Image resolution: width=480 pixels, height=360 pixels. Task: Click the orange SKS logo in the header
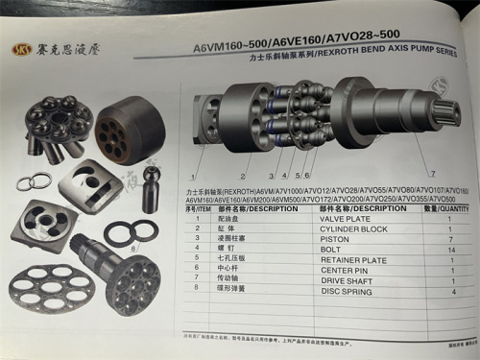[x=20, y=49]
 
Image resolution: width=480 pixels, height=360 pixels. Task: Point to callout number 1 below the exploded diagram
[x=194, y=178]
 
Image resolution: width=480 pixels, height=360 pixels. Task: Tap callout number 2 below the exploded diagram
[x=243, y=178]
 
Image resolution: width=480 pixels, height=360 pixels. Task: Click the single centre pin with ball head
[x=150, y=186]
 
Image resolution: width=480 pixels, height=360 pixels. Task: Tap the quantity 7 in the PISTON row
[x=449, y=238]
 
